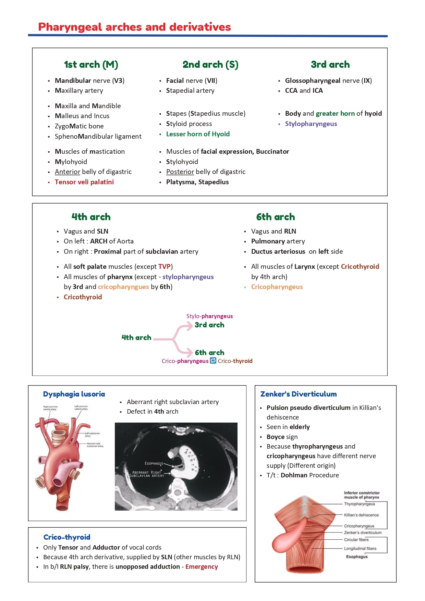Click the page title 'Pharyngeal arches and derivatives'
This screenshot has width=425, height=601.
coord(134,27)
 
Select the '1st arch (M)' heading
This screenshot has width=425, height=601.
coord(91,64)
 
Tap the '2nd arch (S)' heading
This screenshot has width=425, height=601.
coord(210,64)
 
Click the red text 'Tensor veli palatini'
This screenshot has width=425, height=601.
coord(84,182)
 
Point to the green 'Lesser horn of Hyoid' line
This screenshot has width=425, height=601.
coord(198,134)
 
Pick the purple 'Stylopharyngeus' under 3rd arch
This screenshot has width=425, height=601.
coord(311,124)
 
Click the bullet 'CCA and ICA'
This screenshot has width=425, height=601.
coord(304,90)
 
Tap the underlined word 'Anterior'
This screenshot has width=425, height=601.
coord(68,172)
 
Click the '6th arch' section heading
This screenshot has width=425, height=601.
coord(275,217)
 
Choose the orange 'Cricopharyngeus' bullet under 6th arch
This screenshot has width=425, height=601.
coord(277,287)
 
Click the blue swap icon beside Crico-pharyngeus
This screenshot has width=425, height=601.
coord(213,361)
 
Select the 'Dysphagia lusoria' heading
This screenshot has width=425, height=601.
coord(74,394)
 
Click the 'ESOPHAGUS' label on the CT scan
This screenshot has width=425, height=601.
coord(154,463)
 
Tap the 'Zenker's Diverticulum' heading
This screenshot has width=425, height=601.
coord(298,394)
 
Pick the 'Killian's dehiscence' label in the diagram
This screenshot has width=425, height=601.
coord(361,515)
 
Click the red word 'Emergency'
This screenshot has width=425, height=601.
coord(202,566)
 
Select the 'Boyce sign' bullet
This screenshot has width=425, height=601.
coord(282,437)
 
